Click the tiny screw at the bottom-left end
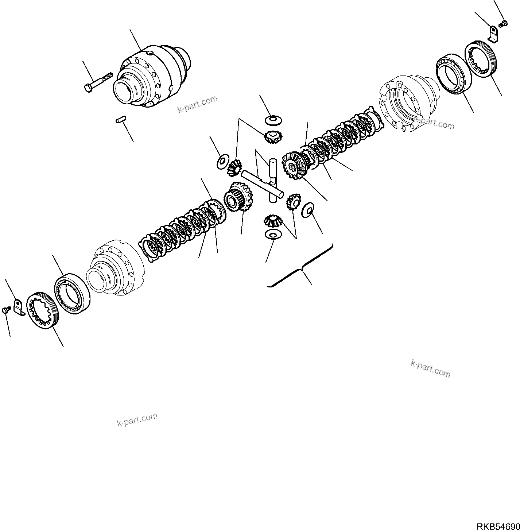click(x=6, y=310)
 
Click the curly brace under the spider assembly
click(x=301, y=270)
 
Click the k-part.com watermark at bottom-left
click(x=137, y=419)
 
